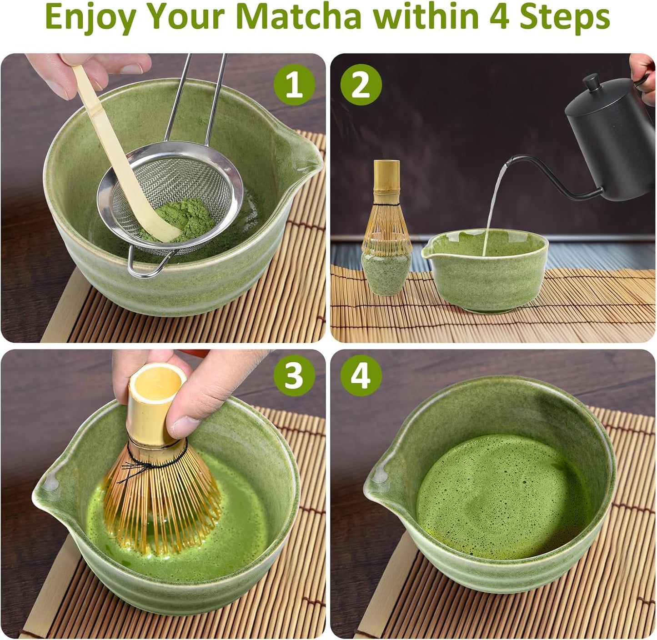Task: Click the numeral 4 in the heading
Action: pyautogui.click(x=498, y=17)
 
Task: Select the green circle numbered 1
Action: pyautogui.click(x=294, y=85)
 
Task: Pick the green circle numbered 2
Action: pyautogui.click(x=361, y=85)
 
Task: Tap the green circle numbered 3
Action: pyautogui.click(x=294, y=375)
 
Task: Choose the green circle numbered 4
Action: pyautogui.click(x=361, y=375)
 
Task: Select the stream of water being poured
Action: pyautogui.click(x=493, y=205)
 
